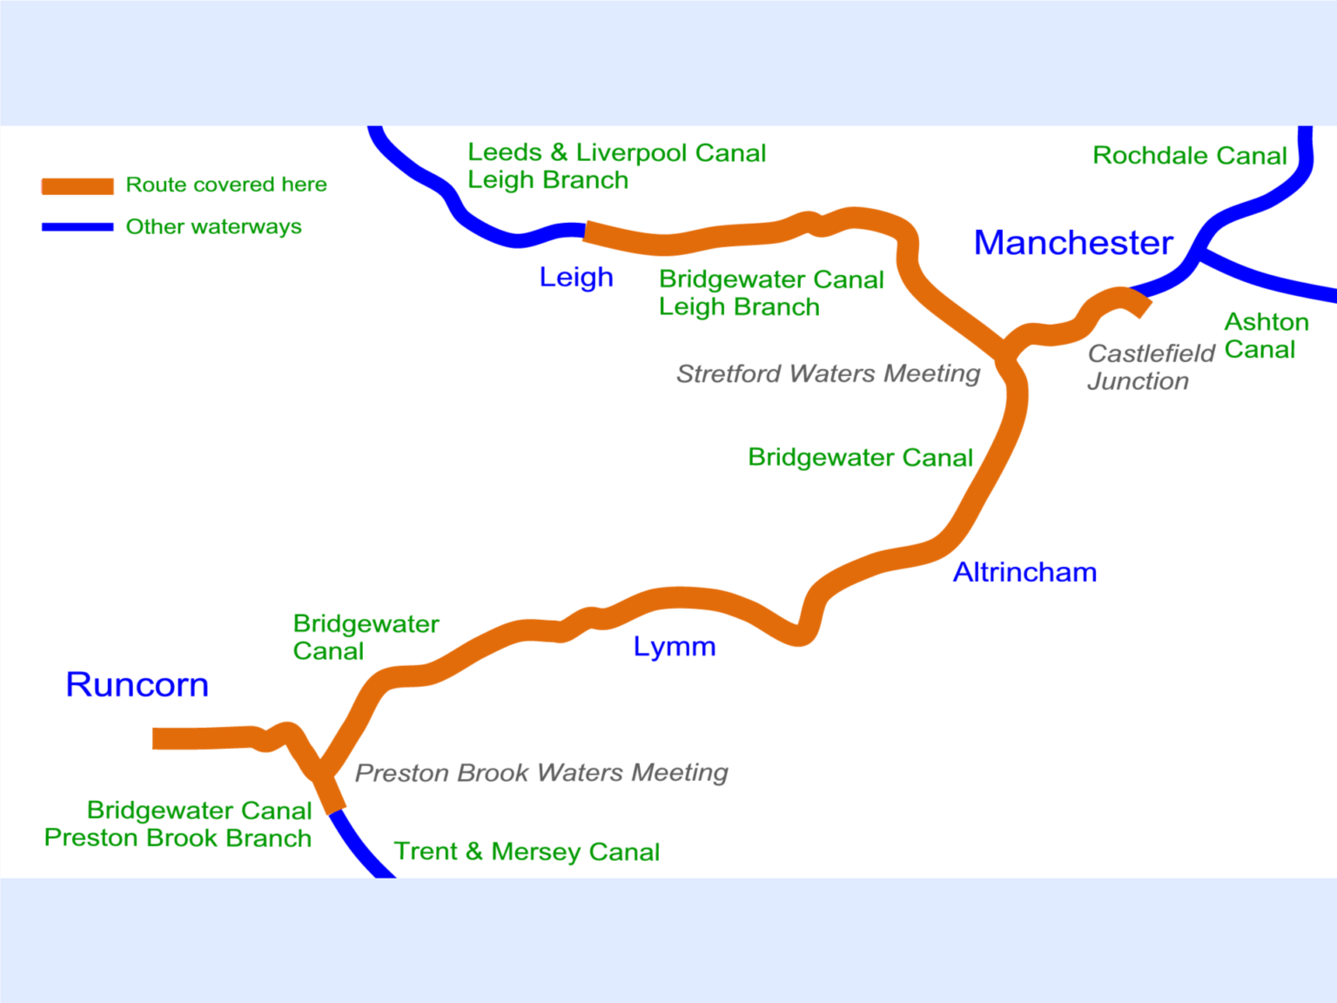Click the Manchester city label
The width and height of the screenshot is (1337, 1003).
pyautogui.click(x=1072, y=243)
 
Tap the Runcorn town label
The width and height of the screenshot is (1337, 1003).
pyautogui.click(x=138, y=685)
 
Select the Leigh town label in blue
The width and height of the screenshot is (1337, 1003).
pyautogui.click(x=575, y=278)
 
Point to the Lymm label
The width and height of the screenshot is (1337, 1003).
pyautogui.click(x=674, y=647)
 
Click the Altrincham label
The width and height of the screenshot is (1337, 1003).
pyautogui.click(x=1025, y=572)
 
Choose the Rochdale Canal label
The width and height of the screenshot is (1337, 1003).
pyautogui.click(x=1189, y=156)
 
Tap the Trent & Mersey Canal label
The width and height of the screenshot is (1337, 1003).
pyautogui.click(x=527, y=852)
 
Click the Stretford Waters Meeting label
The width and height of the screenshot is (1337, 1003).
pyautogui.click(x=828, y=374)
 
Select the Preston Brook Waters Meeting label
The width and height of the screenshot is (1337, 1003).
pyautogui.click(x=541, y=773)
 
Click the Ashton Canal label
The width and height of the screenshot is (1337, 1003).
pyautogui.click(x=1266, y=336)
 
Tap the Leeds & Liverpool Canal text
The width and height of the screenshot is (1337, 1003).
pyautogui.click(x=616, y=153)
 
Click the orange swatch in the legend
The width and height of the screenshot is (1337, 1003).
pyautogui.click(x=77, y=185)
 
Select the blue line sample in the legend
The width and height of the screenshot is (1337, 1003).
pyautogui.click(x=77, y=227)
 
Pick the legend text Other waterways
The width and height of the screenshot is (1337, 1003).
pyautogui.click(x=213, y=227)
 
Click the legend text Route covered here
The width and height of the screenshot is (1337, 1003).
pyautogui.click(x=226, y=185)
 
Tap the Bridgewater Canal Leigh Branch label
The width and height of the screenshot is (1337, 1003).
pyautogui.click(x=770, y=293)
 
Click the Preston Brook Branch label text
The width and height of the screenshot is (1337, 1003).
pyautogui.click(x=178, y=838)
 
